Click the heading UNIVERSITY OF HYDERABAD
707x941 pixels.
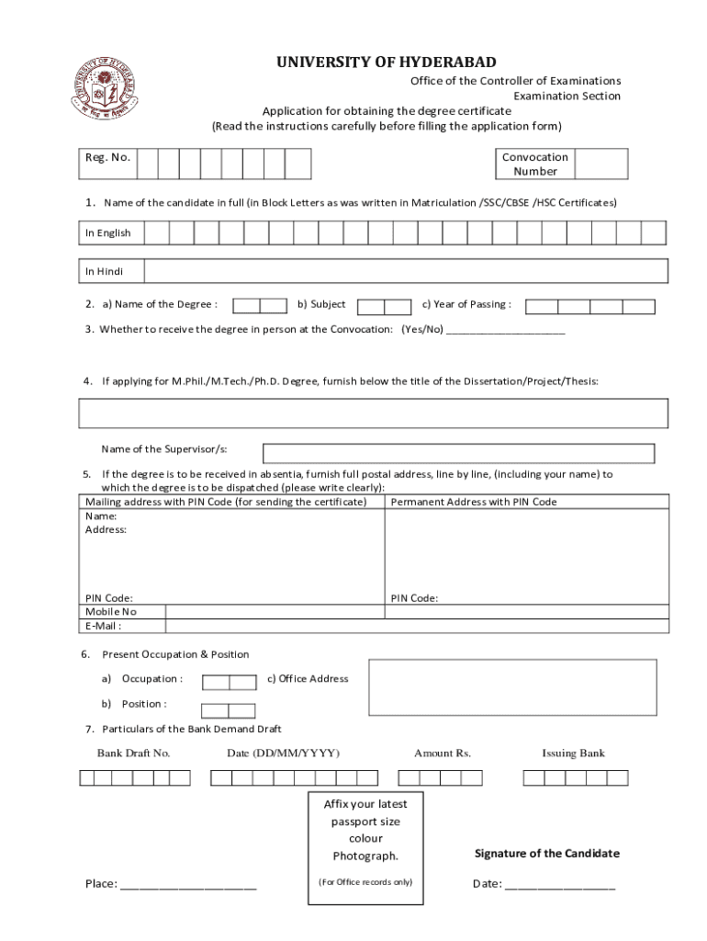(x=387, y=62)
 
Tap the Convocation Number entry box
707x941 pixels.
(x=601, y=164)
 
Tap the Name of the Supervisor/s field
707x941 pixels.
(x=458, y=453)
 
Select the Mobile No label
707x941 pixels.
(x=111, y=611)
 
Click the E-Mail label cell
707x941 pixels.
(x=104, y=626)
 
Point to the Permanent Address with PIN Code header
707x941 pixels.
(x=474, y=502)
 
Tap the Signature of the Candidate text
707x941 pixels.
(x=546, y=853)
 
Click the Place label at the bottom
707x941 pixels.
(x=101, y=884)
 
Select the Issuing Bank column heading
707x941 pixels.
(x=573, y=753)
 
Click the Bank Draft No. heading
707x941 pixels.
(x=134, y=753)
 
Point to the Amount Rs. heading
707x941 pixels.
(x=443, y=753)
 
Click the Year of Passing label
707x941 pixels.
(x=466, y=304)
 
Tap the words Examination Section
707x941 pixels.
(x=567, y=96)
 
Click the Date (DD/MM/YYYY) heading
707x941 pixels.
(x=284, y=753)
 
